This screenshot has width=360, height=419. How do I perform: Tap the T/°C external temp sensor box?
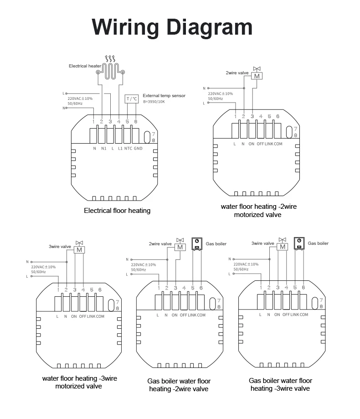131,99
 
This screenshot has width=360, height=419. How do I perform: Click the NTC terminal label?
128,149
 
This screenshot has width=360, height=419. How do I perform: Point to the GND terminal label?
138,149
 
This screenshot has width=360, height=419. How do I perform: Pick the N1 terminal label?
103,149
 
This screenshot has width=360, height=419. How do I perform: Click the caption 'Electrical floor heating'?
117,211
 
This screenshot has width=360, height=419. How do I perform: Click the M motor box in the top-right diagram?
257,76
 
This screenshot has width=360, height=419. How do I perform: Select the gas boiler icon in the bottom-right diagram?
299,243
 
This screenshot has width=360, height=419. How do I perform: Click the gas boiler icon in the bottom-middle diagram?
197,244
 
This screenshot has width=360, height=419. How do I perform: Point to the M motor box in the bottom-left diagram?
79,250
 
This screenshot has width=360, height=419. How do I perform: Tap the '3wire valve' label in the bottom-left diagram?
60,247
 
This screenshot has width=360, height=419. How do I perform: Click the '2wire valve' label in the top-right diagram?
237,72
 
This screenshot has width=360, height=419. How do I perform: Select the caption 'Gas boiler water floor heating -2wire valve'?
179,385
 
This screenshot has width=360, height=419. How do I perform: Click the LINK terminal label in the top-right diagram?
269,144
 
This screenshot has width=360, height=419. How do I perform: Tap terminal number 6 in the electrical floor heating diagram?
136,121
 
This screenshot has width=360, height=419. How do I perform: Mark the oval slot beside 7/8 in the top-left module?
147,137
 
